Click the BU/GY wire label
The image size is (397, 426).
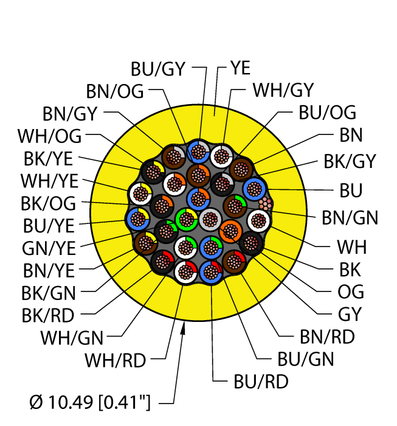click(157, 69)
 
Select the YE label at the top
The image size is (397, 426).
click(240, 68)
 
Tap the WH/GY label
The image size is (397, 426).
click(283, 90)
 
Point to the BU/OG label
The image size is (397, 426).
click(327, 113)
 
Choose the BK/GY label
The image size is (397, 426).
click(350, 162)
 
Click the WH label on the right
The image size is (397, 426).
click(351, 247)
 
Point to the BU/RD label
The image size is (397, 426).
click(261, 382)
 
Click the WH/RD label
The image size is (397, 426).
click(116, 360)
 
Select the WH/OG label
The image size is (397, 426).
click(49, 135)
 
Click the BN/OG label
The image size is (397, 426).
click(115, 91)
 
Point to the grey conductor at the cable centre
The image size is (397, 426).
click(210, 217)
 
